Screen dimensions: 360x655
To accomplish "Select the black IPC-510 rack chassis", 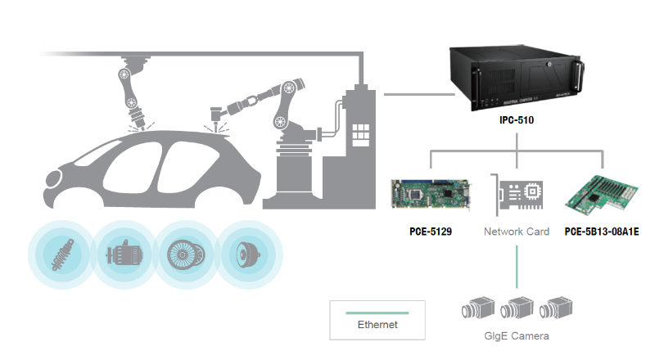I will [x=517, y=79].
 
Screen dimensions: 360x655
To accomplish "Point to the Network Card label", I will [x=517, y=232].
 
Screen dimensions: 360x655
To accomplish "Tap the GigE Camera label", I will [x=517, y=336].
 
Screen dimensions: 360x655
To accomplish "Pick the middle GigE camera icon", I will [x=517, y=308].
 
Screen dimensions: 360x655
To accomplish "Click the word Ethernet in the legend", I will [x=377, y=325].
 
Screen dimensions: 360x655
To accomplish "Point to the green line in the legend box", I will [x=377, y=313].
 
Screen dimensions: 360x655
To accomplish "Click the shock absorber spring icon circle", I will [x=61, y=253].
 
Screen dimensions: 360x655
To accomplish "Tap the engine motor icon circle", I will [x=124, y=253].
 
